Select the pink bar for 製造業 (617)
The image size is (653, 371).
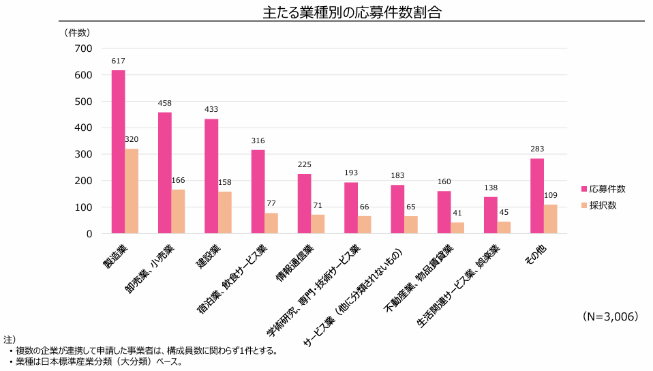[x=119, y=151]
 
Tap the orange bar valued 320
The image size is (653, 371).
[x=132, y=191]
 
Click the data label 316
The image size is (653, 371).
[x=258, y=141]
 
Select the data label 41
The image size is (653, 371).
[x=457, y=213]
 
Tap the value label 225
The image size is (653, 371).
[x=304, y=165]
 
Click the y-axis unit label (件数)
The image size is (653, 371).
[x=77, y=32]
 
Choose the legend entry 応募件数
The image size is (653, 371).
[x=603, y=189]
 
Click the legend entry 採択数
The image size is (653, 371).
[x=598, y=205]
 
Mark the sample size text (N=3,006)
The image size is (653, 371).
[x=610, y=317]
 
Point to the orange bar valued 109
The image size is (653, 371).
[x=550, y=219]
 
